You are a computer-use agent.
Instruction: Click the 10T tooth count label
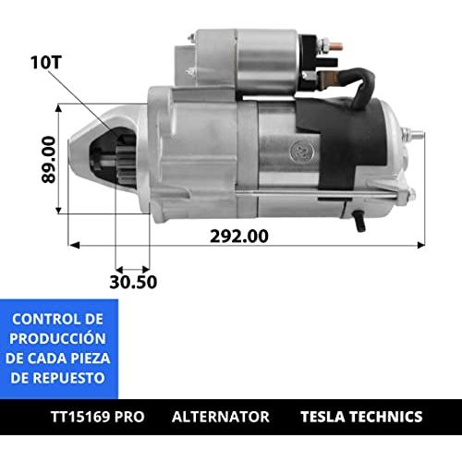pyautogui.click(x=46, y=63)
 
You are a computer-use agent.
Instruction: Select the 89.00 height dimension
pyautogui.click(x=49, y=160)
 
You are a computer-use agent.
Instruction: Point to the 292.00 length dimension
pyautogui.click(x=239, y=237)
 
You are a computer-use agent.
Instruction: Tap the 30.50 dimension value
pyautogui.click(x=133, y=282)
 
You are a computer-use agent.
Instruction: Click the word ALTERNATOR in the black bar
pyautogui.click(x=221, y=417)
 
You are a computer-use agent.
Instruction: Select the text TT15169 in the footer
pyautogui.click(x=80, y=417)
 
